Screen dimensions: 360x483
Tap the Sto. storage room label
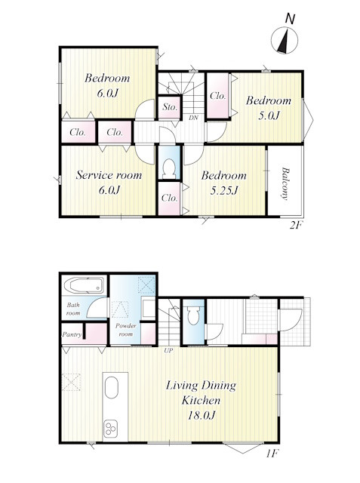(x=170, y=107)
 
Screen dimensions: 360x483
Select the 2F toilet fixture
(x=169, y=168)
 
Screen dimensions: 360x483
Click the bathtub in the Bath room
(x=84, y=285)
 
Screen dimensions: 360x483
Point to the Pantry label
(x=72, y=334)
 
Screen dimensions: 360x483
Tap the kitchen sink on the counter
(x=112, y=387)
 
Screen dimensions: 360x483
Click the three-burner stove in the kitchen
(x=110, y=428)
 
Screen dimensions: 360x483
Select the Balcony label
(x=285, y=183)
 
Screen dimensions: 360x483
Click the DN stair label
(x=193, y=118)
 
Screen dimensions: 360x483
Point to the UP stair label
(x=168, y=350)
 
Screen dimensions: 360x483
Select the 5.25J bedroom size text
(x=224, y=191)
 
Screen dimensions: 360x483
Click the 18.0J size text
(x=201, y=415)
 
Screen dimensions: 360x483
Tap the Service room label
(x=109, y=175)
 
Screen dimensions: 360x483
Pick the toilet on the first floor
(x=193, y=315)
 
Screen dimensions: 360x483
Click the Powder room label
(x=125, y=330)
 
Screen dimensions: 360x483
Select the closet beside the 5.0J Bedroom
(x=217, y=96)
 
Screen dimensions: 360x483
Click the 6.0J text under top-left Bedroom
(x=107, y=93)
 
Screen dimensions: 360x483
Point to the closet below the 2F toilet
(x=169, y=198)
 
